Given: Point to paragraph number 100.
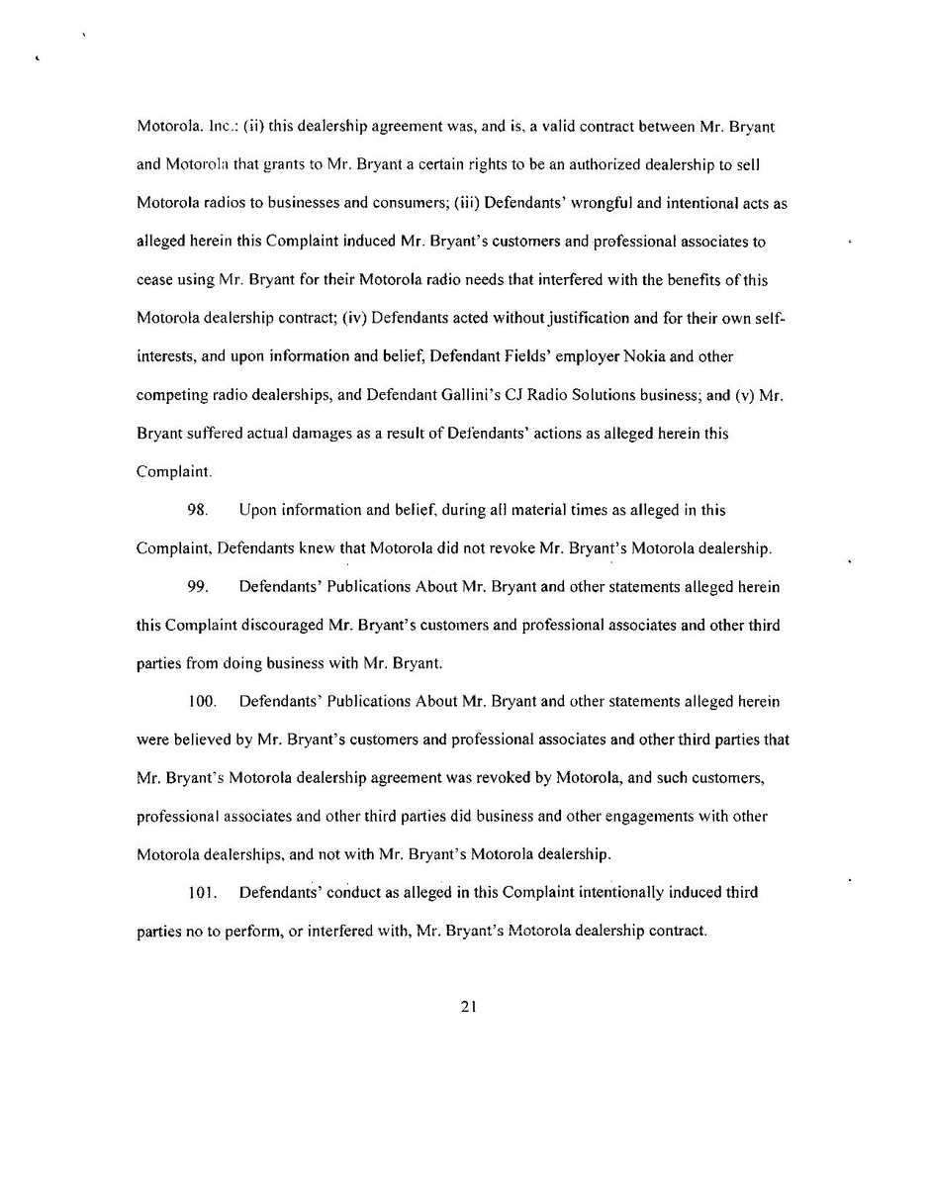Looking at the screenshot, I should click(x=202, y=702).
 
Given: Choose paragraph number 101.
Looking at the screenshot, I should click(x=201, y=893).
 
